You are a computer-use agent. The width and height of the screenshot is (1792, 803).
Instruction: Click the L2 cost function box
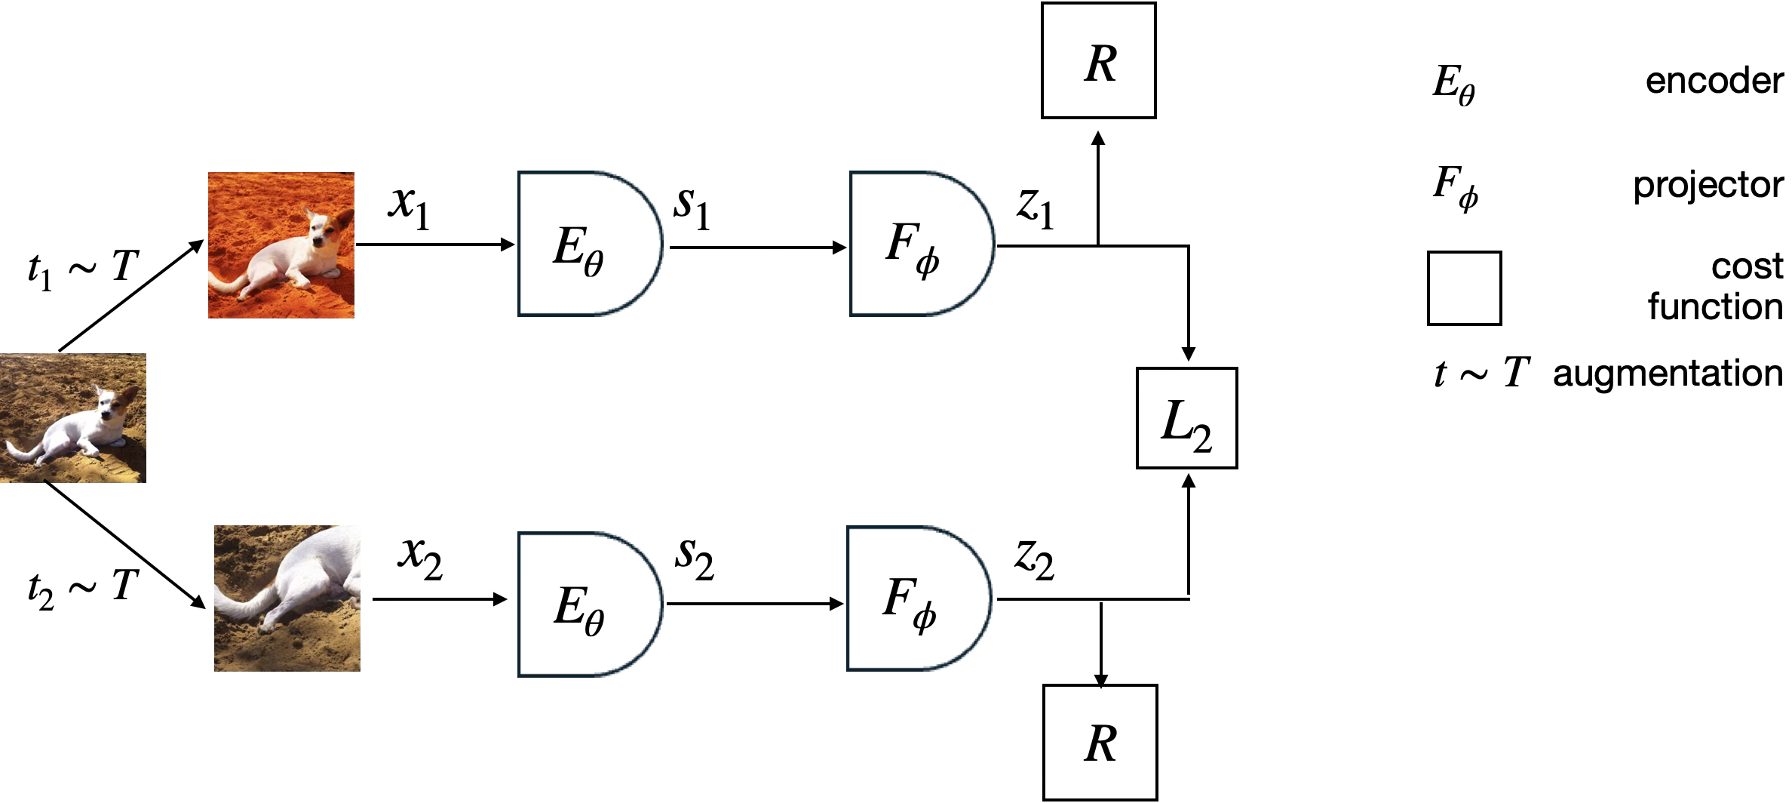[x=1186, y=418]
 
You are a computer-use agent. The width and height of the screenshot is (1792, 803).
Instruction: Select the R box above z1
[x=1098, y=61]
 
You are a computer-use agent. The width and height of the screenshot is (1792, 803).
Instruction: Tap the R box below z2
[x=1100, y=743]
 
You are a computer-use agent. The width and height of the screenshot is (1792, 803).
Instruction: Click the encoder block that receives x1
[x=588, y=244]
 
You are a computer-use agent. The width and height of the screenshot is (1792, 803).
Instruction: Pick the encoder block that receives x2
[x=588, y=605]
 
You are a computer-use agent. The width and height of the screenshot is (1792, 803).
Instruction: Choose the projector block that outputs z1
[x=919, y=244]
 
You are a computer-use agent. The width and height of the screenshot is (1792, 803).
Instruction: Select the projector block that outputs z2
[x=917, y=598]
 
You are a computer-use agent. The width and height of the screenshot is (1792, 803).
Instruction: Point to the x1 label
[x=410, y=205]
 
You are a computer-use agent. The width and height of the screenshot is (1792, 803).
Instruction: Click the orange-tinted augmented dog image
[x=281, y=245]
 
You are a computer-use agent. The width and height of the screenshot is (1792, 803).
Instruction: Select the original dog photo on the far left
[x=72, y=417]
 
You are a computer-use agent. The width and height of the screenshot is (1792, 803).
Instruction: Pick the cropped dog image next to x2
[x=287, y=598]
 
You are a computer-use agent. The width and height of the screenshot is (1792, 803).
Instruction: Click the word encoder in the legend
[x=1714, y=81]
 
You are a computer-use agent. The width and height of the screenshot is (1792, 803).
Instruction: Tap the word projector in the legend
[x=1708, y=185]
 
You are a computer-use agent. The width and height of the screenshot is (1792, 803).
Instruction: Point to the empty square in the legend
[x=1464, y=288]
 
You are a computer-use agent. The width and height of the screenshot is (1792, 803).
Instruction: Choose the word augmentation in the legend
[x=1667, y=374]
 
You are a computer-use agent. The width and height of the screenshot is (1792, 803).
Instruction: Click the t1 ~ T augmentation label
[x=83, y=268]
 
